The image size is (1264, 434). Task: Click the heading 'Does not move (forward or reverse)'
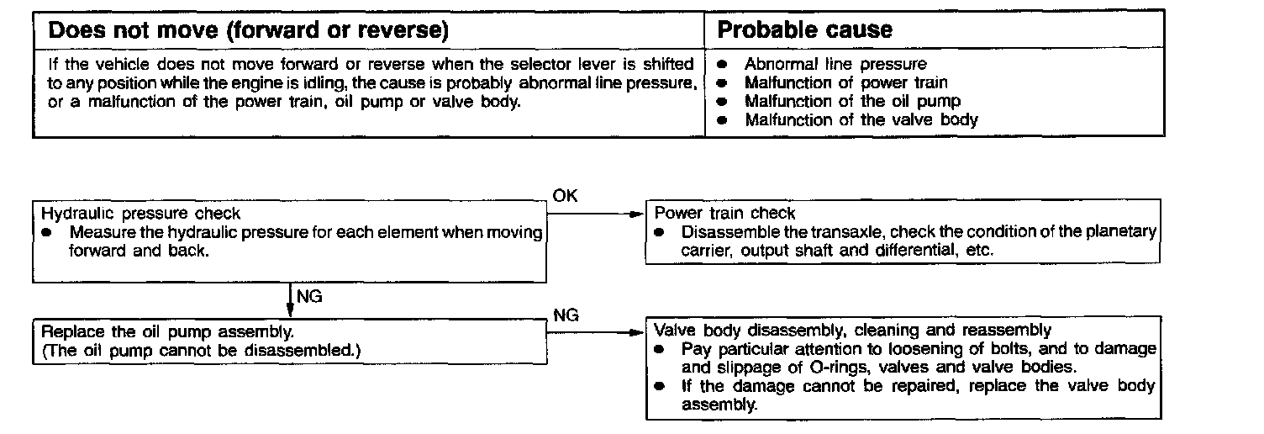coord(248,31)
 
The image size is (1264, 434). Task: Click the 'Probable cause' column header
coord(804,31)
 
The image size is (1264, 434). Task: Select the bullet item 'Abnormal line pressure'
coord(835,64)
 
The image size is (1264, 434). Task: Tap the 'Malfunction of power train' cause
coord(845,82)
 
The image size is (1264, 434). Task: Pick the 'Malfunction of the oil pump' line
coord(852,101)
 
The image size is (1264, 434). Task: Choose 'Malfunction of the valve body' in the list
coord(861,119)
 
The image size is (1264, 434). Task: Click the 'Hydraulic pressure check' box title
coord(140,214)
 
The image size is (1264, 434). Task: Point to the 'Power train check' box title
coord(724,214)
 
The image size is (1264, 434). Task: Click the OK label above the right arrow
coord(565,196)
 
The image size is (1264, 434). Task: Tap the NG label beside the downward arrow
coord(309,295)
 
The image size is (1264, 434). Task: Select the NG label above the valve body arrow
coord(566,315)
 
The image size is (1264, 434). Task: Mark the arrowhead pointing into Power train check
coord(636,214)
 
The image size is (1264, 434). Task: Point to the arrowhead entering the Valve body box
coord(636,332)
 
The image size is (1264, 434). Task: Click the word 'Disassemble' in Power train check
coord(721,232)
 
